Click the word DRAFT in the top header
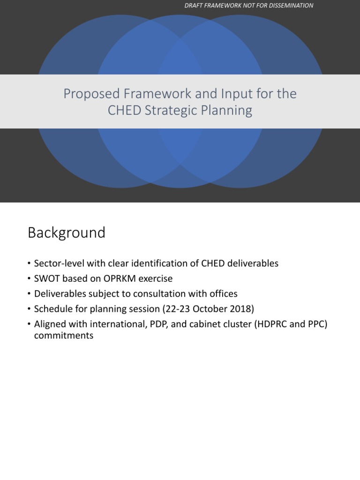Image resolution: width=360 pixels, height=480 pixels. [194, 6]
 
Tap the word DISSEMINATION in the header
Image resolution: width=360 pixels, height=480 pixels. [289, 6]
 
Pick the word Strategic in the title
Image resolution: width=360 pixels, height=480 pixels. [176, 111]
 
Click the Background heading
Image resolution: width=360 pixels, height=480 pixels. [67, 233]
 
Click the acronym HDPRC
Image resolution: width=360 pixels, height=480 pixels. [269, 324]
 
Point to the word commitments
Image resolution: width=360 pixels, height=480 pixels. [64, 336]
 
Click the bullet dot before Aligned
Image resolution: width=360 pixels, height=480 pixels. [30, 324]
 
